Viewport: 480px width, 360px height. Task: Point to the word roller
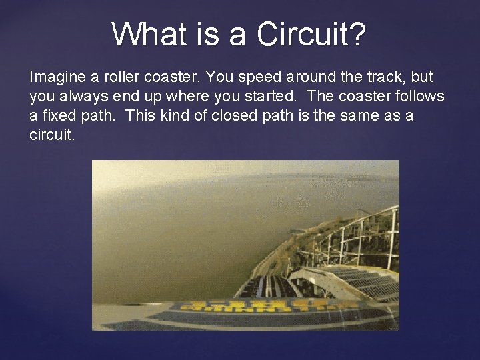tap(113, 77)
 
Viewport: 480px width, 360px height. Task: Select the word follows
tap(420, 97)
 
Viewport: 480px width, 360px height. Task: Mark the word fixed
tap(57, 115)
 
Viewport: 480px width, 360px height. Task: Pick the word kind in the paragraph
tap(172, 115)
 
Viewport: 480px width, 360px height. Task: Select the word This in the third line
tap(140, 115)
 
